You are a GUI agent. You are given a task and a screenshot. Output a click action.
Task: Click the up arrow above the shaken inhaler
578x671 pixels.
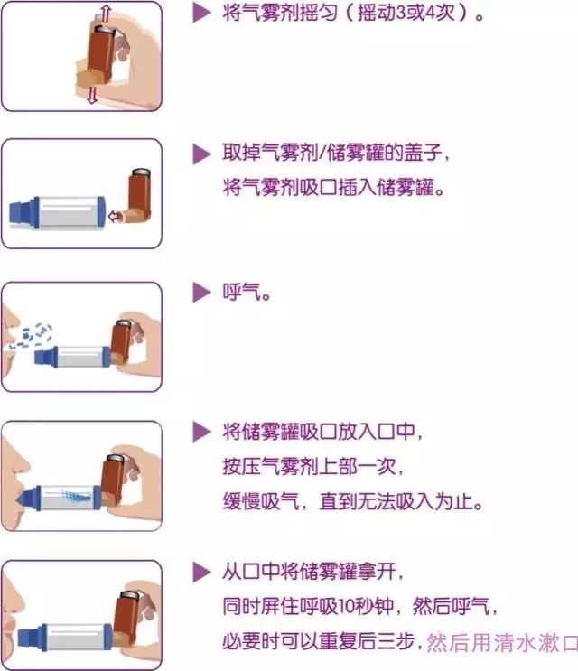(x=104, y=14)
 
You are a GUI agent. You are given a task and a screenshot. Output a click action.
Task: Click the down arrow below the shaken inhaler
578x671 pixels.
(x=92, y=95)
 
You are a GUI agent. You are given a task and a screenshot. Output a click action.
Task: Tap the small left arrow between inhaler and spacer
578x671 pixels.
(x=114, y=216)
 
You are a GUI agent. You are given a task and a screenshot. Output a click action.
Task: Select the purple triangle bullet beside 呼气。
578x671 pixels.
(x=201, y=293)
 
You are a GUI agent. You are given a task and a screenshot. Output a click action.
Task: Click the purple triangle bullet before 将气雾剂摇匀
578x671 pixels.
(x=201, y=13)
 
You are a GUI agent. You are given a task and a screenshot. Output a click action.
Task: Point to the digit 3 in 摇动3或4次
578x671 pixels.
(x=400, y=13)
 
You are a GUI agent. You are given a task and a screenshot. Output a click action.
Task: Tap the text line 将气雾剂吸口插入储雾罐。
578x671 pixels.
(x=334, y=188)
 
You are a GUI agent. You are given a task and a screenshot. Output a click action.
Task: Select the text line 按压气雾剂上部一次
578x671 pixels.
(x=312, y=466)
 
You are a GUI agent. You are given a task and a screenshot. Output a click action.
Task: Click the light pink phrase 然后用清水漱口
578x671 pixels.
(x=502, y=642)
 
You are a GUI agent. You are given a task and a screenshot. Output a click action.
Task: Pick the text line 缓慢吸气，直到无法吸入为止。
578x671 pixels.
(x=353, y=501)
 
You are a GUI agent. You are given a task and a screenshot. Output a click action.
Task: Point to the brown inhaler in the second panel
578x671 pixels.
(x=137, y=196)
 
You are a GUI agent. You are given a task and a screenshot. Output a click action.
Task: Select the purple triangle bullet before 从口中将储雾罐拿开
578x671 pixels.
(x=201, y=572)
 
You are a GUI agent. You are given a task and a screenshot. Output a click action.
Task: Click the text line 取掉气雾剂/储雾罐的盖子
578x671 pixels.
(x=335, y=153)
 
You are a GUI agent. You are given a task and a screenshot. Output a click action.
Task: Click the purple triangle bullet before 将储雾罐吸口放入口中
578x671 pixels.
(x=201, y=432)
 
